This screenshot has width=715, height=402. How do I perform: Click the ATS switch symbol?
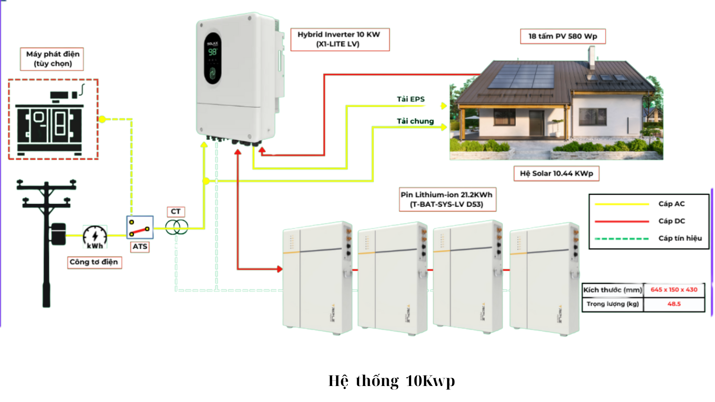click(x=140, y=227)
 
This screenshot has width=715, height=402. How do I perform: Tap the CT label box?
click(x=176, y=212)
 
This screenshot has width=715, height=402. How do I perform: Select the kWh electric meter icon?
click(x=95, y=237)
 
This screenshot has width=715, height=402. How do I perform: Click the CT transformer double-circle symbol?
click(x=177, y=227)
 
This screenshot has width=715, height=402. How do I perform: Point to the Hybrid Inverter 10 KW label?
click(x=340, y=39)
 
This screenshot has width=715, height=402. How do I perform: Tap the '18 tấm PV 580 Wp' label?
click(x=562, y=36)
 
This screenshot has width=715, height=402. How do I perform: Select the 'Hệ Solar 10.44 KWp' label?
click(x=556, y=173)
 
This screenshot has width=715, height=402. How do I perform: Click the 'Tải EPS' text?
click(x=410, y=99)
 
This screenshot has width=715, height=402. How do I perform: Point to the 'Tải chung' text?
click(x=415, y=121)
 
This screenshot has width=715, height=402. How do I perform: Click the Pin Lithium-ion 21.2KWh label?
click(x=447, y=200)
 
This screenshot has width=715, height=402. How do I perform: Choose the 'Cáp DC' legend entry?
click(x=671, y=221)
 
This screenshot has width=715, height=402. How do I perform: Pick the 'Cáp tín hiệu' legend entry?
click(x=680, y=238)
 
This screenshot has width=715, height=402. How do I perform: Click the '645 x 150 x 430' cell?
click(x=674, y=290)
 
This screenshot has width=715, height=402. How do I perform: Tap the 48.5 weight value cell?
click(x=674, y=304)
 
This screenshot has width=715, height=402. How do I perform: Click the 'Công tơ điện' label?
click(x=94, y=262)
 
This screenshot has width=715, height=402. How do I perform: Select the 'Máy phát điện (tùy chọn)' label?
click(x=52, y=59)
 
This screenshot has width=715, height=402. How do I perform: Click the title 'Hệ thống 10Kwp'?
click(x=391, y=381)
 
